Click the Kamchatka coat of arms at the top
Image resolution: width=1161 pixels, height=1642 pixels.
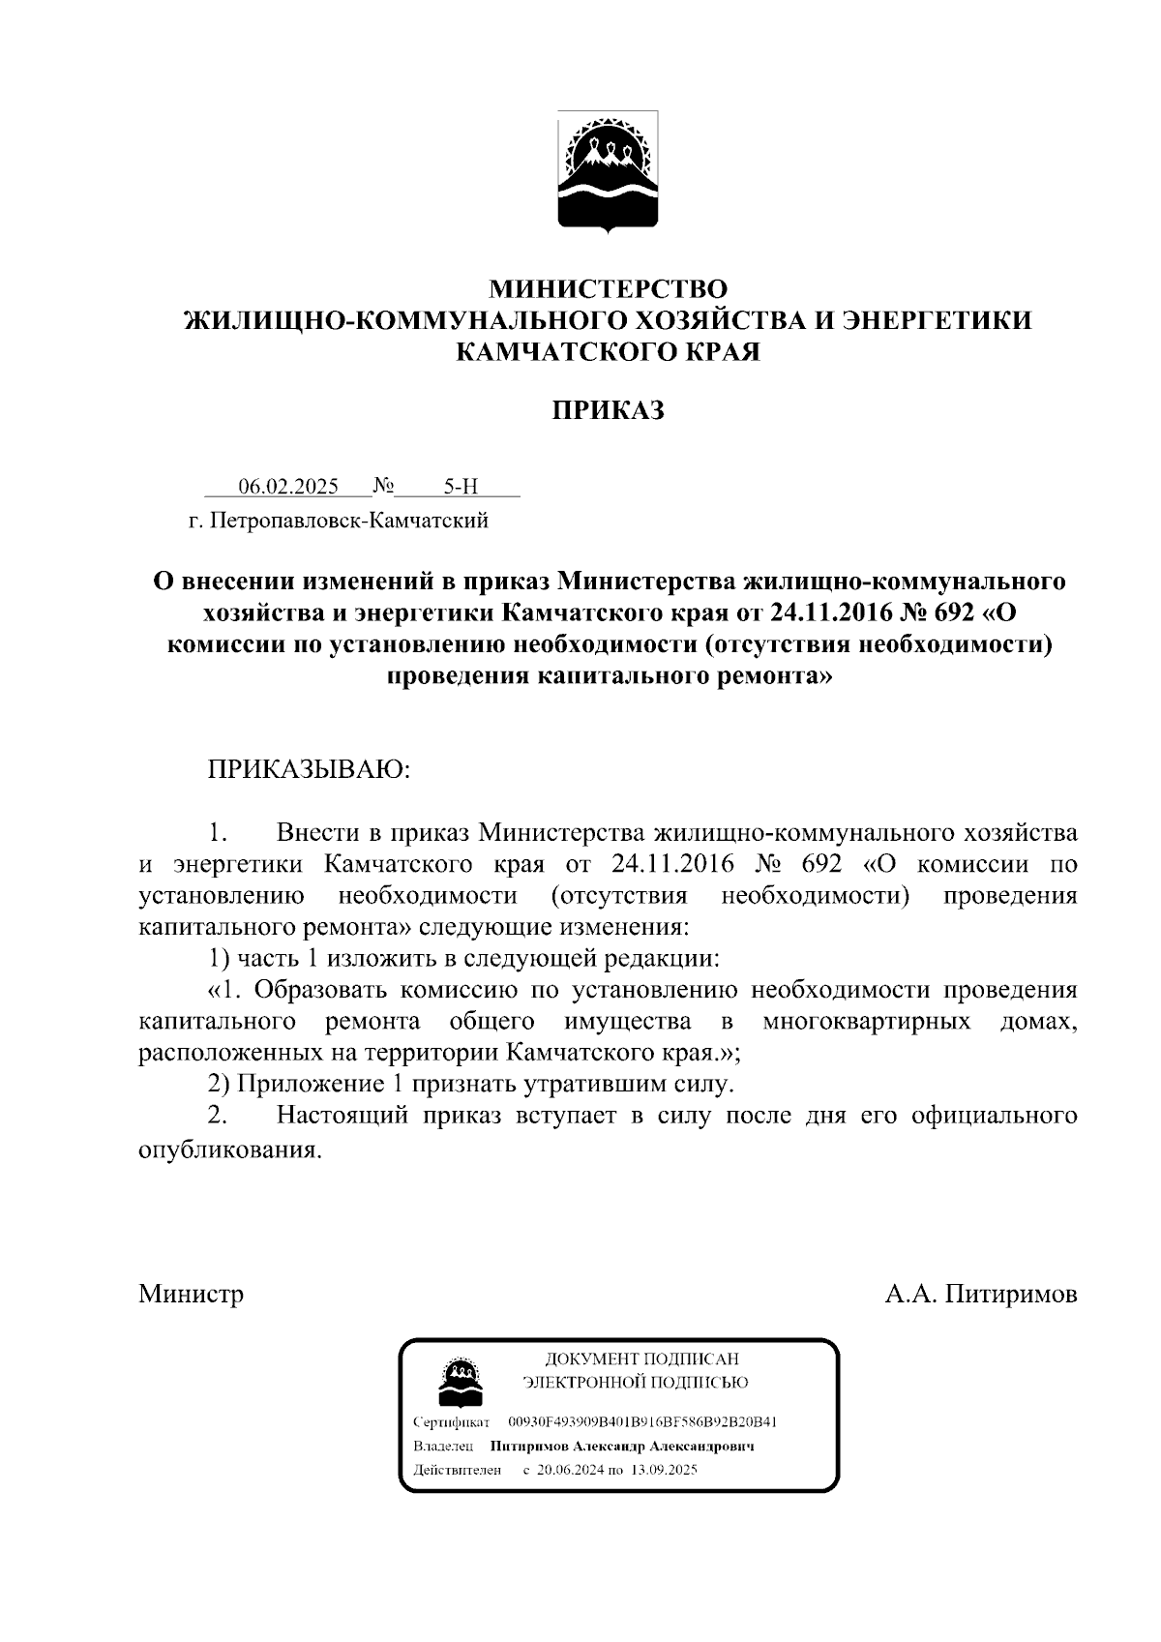(608, 170)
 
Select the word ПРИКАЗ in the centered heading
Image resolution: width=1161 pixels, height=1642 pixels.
(608, 411)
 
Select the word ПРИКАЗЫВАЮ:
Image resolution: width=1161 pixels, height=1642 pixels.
(309, 770)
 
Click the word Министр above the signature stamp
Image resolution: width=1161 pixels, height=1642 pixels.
(191, 1294)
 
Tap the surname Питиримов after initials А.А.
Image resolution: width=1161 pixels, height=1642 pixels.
(1010, 1294)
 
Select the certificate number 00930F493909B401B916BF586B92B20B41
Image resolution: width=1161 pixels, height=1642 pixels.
(642, 1422)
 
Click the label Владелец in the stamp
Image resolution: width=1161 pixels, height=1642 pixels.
(442, 1447)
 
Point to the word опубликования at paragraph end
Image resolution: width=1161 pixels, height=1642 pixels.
(228, 1151)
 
